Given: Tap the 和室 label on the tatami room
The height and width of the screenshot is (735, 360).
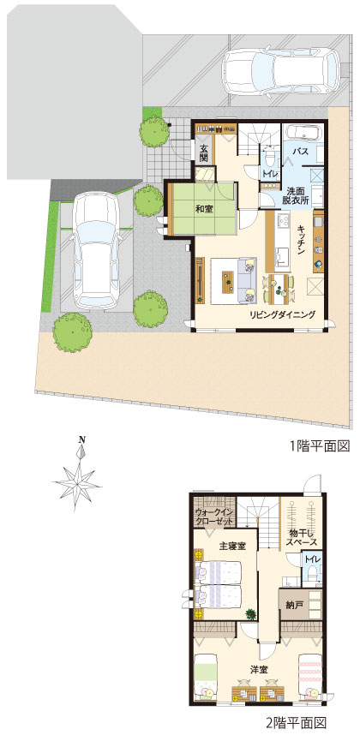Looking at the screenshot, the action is [203, 210].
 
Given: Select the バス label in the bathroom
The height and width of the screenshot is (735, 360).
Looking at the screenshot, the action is [300, 152].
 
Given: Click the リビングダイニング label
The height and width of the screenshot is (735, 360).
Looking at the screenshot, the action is [282, 314].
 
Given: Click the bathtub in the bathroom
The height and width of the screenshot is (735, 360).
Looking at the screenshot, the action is [303, 132].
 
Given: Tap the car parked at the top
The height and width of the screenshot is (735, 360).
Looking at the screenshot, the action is [281, 74].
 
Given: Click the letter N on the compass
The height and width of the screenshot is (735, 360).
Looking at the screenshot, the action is [82, 439].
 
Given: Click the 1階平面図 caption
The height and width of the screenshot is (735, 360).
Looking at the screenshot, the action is [320, 445].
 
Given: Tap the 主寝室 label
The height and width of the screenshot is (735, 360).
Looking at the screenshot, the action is [232, 546].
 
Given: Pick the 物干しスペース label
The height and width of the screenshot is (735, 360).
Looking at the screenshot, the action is [302, 537].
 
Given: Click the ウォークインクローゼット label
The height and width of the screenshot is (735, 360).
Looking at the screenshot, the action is [214, 517].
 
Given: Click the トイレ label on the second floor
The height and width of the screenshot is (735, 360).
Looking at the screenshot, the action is [312, 559].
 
